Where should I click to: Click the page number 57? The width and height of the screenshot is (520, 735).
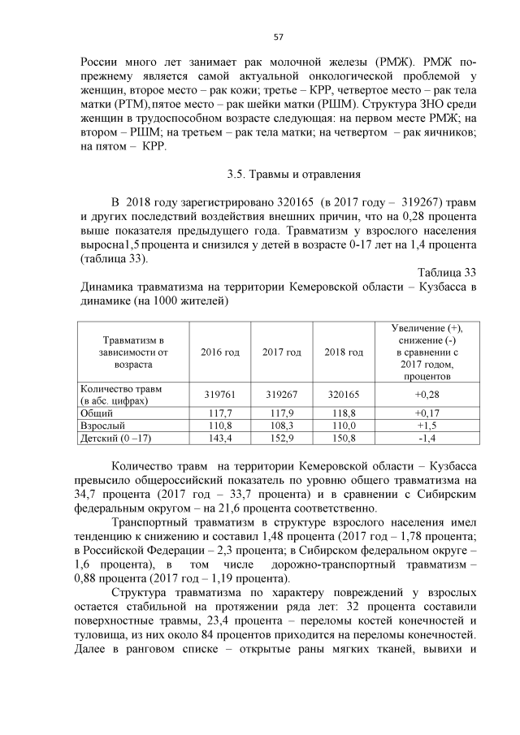278,37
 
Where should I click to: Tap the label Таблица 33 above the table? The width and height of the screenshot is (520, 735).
446,272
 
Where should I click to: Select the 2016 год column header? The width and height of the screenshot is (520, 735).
220,352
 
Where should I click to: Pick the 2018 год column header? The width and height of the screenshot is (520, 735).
343,352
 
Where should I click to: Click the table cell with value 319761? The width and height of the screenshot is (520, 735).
220,394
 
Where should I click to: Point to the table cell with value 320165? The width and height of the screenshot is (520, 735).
343,394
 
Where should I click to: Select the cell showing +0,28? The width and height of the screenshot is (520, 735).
426,394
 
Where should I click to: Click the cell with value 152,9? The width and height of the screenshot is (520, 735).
281,438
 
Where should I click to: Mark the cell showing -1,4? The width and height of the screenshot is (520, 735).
426,438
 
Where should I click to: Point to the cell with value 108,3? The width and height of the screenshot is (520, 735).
281,425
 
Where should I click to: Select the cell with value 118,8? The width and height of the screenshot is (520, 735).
343,413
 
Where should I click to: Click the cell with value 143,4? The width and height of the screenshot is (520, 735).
220,438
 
